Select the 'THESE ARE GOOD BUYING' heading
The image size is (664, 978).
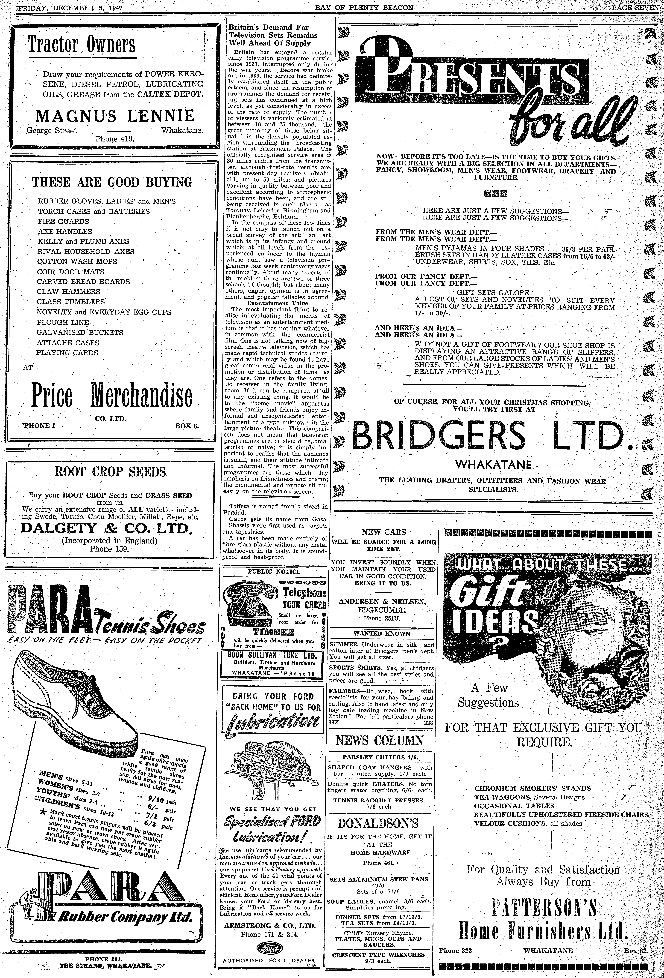pos(112,182)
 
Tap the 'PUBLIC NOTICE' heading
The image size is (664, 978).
pos(274,571)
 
